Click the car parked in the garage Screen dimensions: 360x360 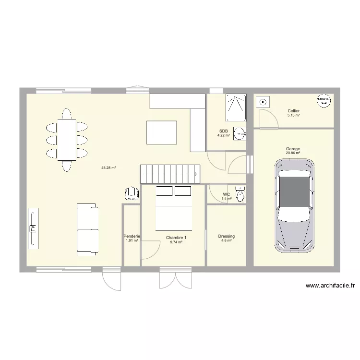click(295, 205)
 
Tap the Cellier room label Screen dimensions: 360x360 click(294, 111)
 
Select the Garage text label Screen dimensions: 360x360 click(293, 149)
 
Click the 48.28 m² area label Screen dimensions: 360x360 click(109, 168)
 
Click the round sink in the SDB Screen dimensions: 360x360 click(240, 132)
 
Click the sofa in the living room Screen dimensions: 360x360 click(87, 229)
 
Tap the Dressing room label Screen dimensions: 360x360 click(226, 236)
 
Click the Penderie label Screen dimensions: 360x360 click(132, 236)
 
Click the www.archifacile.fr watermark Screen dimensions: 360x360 click(330, 286)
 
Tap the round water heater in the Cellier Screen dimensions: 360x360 click(323, 100)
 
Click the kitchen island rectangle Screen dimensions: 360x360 click(162, 132)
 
